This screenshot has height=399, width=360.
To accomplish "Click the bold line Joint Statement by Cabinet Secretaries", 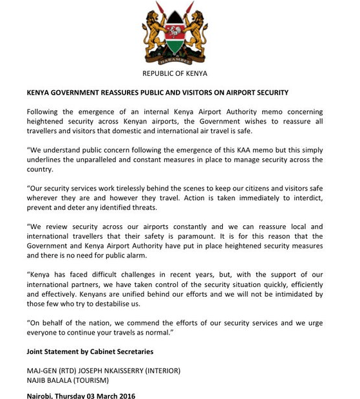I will tap(90, 351).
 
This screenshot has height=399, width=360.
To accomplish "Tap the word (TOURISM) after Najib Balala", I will tap(94, 380).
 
